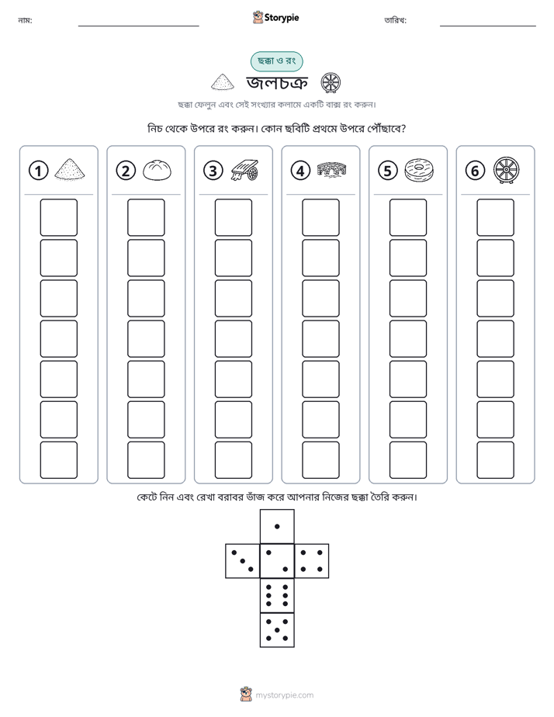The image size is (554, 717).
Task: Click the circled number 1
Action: click(38, 171)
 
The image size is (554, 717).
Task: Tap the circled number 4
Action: click(300, 171)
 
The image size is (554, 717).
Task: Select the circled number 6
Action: click(475, 171)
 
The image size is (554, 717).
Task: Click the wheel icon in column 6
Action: click(507, 170)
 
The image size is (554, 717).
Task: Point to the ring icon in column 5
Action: click(419, 170)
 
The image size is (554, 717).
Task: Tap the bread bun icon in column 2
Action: click(158, 170)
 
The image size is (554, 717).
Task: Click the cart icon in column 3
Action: click(244, 170)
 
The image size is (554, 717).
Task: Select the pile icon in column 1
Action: click(70, 168)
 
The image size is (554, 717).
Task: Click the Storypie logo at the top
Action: click(276, 17)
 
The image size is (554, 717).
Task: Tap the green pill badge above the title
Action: click(276, 61)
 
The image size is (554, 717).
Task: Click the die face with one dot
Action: click(277, 526)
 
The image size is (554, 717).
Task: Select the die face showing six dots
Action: click(277, 595)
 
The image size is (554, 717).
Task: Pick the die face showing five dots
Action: click(277, 630)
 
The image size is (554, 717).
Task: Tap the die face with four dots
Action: click(312, 561)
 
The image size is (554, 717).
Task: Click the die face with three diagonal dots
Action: click(242, 561)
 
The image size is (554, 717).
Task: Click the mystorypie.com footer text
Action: click(284, 695)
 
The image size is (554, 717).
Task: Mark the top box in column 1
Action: click(59, 217)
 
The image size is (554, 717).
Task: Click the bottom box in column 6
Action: click(496, 460)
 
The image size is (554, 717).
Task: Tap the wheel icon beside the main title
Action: click(331, 83)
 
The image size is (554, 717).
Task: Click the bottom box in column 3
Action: click(234, 460)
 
